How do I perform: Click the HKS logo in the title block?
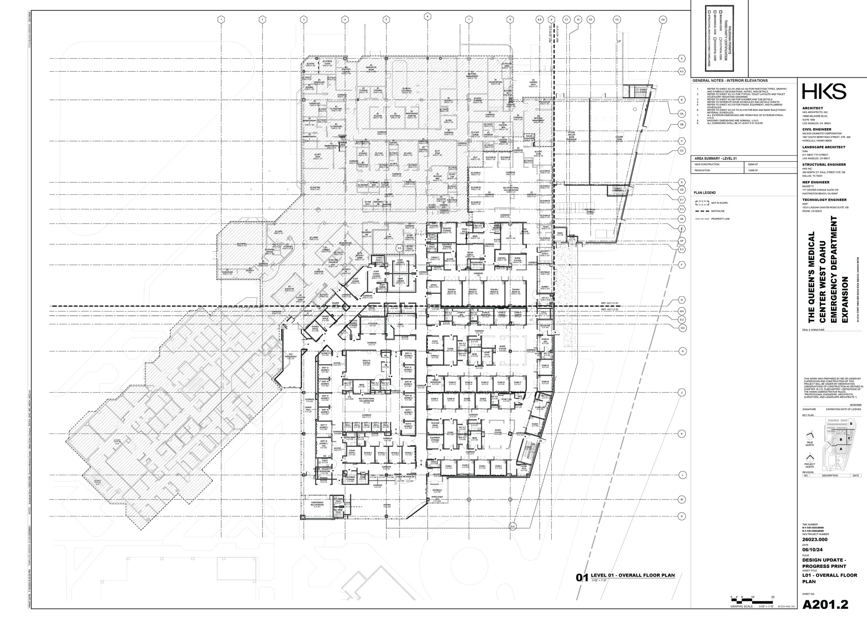point(824,92)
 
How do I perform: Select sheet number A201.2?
point(825,604)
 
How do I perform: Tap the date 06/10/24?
point(812,550)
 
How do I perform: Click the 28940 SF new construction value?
point(753,164)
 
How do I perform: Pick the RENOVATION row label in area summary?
point(702,171)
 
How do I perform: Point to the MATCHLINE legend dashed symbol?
point(702,211)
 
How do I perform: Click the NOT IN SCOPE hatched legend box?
point(702,203)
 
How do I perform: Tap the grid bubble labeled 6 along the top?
point(428,16)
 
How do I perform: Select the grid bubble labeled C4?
point(663,19)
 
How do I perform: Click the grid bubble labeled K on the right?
point(682,434)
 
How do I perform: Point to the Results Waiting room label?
point(366,362)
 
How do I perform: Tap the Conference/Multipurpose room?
point(317,504)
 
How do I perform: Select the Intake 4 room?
point(368,454)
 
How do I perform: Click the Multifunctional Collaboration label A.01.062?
point(366,400)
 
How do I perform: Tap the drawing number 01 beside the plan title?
point(582,578)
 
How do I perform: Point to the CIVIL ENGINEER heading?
point(816,129)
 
